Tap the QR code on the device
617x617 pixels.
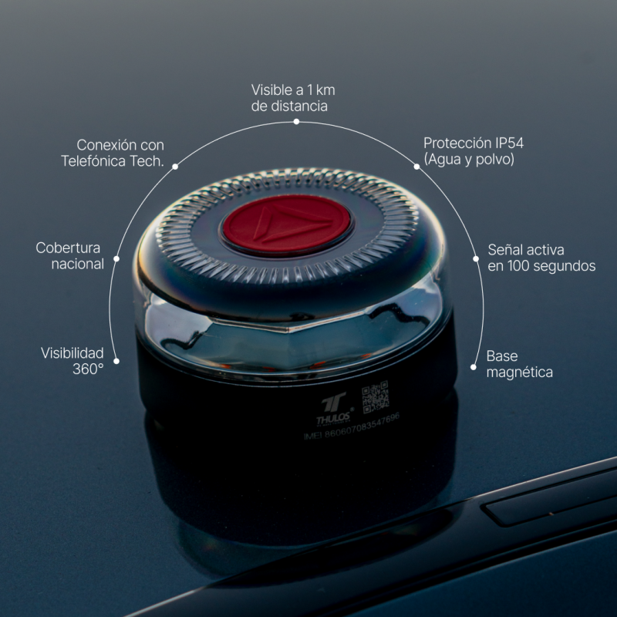375,397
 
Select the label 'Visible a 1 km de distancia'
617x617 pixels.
293,98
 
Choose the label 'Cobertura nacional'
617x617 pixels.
70,256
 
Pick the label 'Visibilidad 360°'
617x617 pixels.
72,360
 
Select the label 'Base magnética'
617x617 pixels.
519,364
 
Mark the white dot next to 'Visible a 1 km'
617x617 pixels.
295,121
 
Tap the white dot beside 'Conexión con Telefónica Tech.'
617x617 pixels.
175,166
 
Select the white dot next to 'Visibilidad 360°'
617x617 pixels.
116,359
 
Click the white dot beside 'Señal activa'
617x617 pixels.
476,260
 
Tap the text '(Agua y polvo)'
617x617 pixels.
468,160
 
